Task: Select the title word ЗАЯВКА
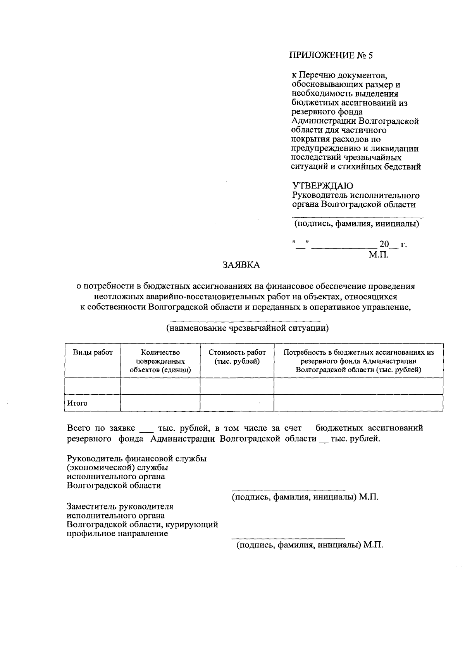(x=241, y=265)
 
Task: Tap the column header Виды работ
(x=93, y=352)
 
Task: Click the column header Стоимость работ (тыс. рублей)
(x=237, y=357)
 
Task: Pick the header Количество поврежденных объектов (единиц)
(x=160, y=361)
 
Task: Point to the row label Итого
(x=77, y=403)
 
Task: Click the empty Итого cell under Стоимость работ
(x=237, y=403)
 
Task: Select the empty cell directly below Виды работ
(x=93, y=386)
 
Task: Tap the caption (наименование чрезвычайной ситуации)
(x=247, y=328)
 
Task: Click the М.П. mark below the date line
(x=378, y=255)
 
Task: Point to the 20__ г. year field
(x=393, y=245)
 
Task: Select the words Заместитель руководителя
(x=120, y=506)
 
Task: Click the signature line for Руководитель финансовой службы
(x=288, y=490)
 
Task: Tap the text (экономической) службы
(x=117, y=468)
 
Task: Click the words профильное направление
(x=117, y=534)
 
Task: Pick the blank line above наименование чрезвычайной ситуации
(x=245, y=321)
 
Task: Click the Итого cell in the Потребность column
(x=358, y=403)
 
